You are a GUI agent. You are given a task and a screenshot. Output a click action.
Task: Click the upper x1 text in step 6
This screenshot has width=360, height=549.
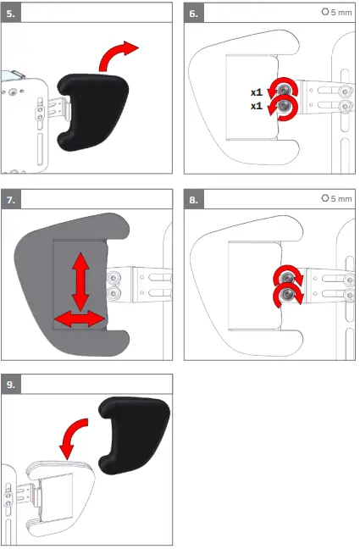(x=256, y=91)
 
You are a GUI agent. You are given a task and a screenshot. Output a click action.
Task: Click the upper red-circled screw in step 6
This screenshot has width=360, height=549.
(x=282, y=89)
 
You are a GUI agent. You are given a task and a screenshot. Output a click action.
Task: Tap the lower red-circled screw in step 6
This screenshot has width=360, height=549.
(x=282, y=107)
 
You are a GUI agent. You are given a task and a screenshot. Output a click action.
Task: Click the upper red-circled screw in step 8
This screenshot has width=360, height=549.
(x=289, y=276)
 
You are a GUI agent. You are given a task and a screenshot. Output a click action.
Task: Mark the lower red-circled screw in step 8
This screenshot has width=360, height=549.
(x=289, y=294)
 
